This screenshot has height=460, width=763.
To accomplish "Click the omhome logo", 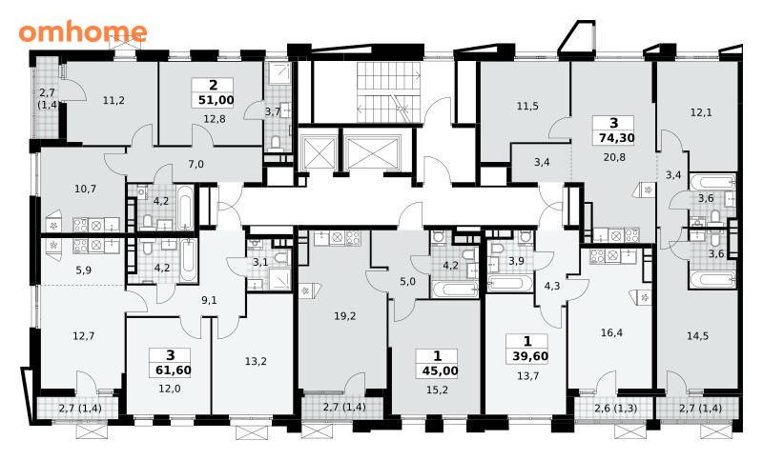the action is [x=83, y=32].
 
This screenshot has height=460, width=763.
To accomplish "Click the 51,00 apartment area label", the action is [x=217, y=101].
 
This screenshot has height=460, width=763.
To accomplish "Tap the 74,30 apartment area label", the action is [x=616, y=138].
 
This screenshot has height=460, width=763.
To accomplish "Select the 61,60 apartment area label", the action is [x=174, y=370].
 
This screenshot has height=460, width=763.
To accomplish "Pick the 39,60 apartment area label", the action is [x=530, y=357].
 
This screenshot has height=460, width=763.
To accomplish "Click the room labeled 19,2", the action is [x=345, y=317].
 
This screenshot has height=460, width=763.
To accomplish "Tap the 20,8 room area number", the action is [x=614, y=157].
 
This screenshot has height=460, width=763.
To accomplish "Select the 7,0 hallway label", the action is [x=196, y=164].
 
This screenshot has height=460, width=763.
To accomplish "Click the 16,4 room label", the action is [x=611, y=332].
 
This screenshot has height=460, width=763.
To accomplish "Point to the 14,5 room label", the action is [x=697, y=336].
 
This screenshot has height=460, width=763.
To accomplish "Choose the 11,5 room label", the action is [x=527, y=106].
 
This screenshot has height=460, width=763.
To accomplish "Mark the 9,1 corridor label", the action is [x=209, y=300].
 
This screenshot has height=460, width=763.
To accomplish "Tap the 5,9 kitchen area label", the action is [x=84, y=270].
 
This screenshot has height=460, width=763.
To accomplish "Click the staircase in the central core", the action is [x=388, y=91].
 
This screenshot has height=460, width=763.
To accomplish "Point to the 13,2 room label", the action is [x=256, y=361].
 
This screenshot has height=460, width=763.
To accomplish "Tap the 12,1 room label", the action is [x=701, y=112].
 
